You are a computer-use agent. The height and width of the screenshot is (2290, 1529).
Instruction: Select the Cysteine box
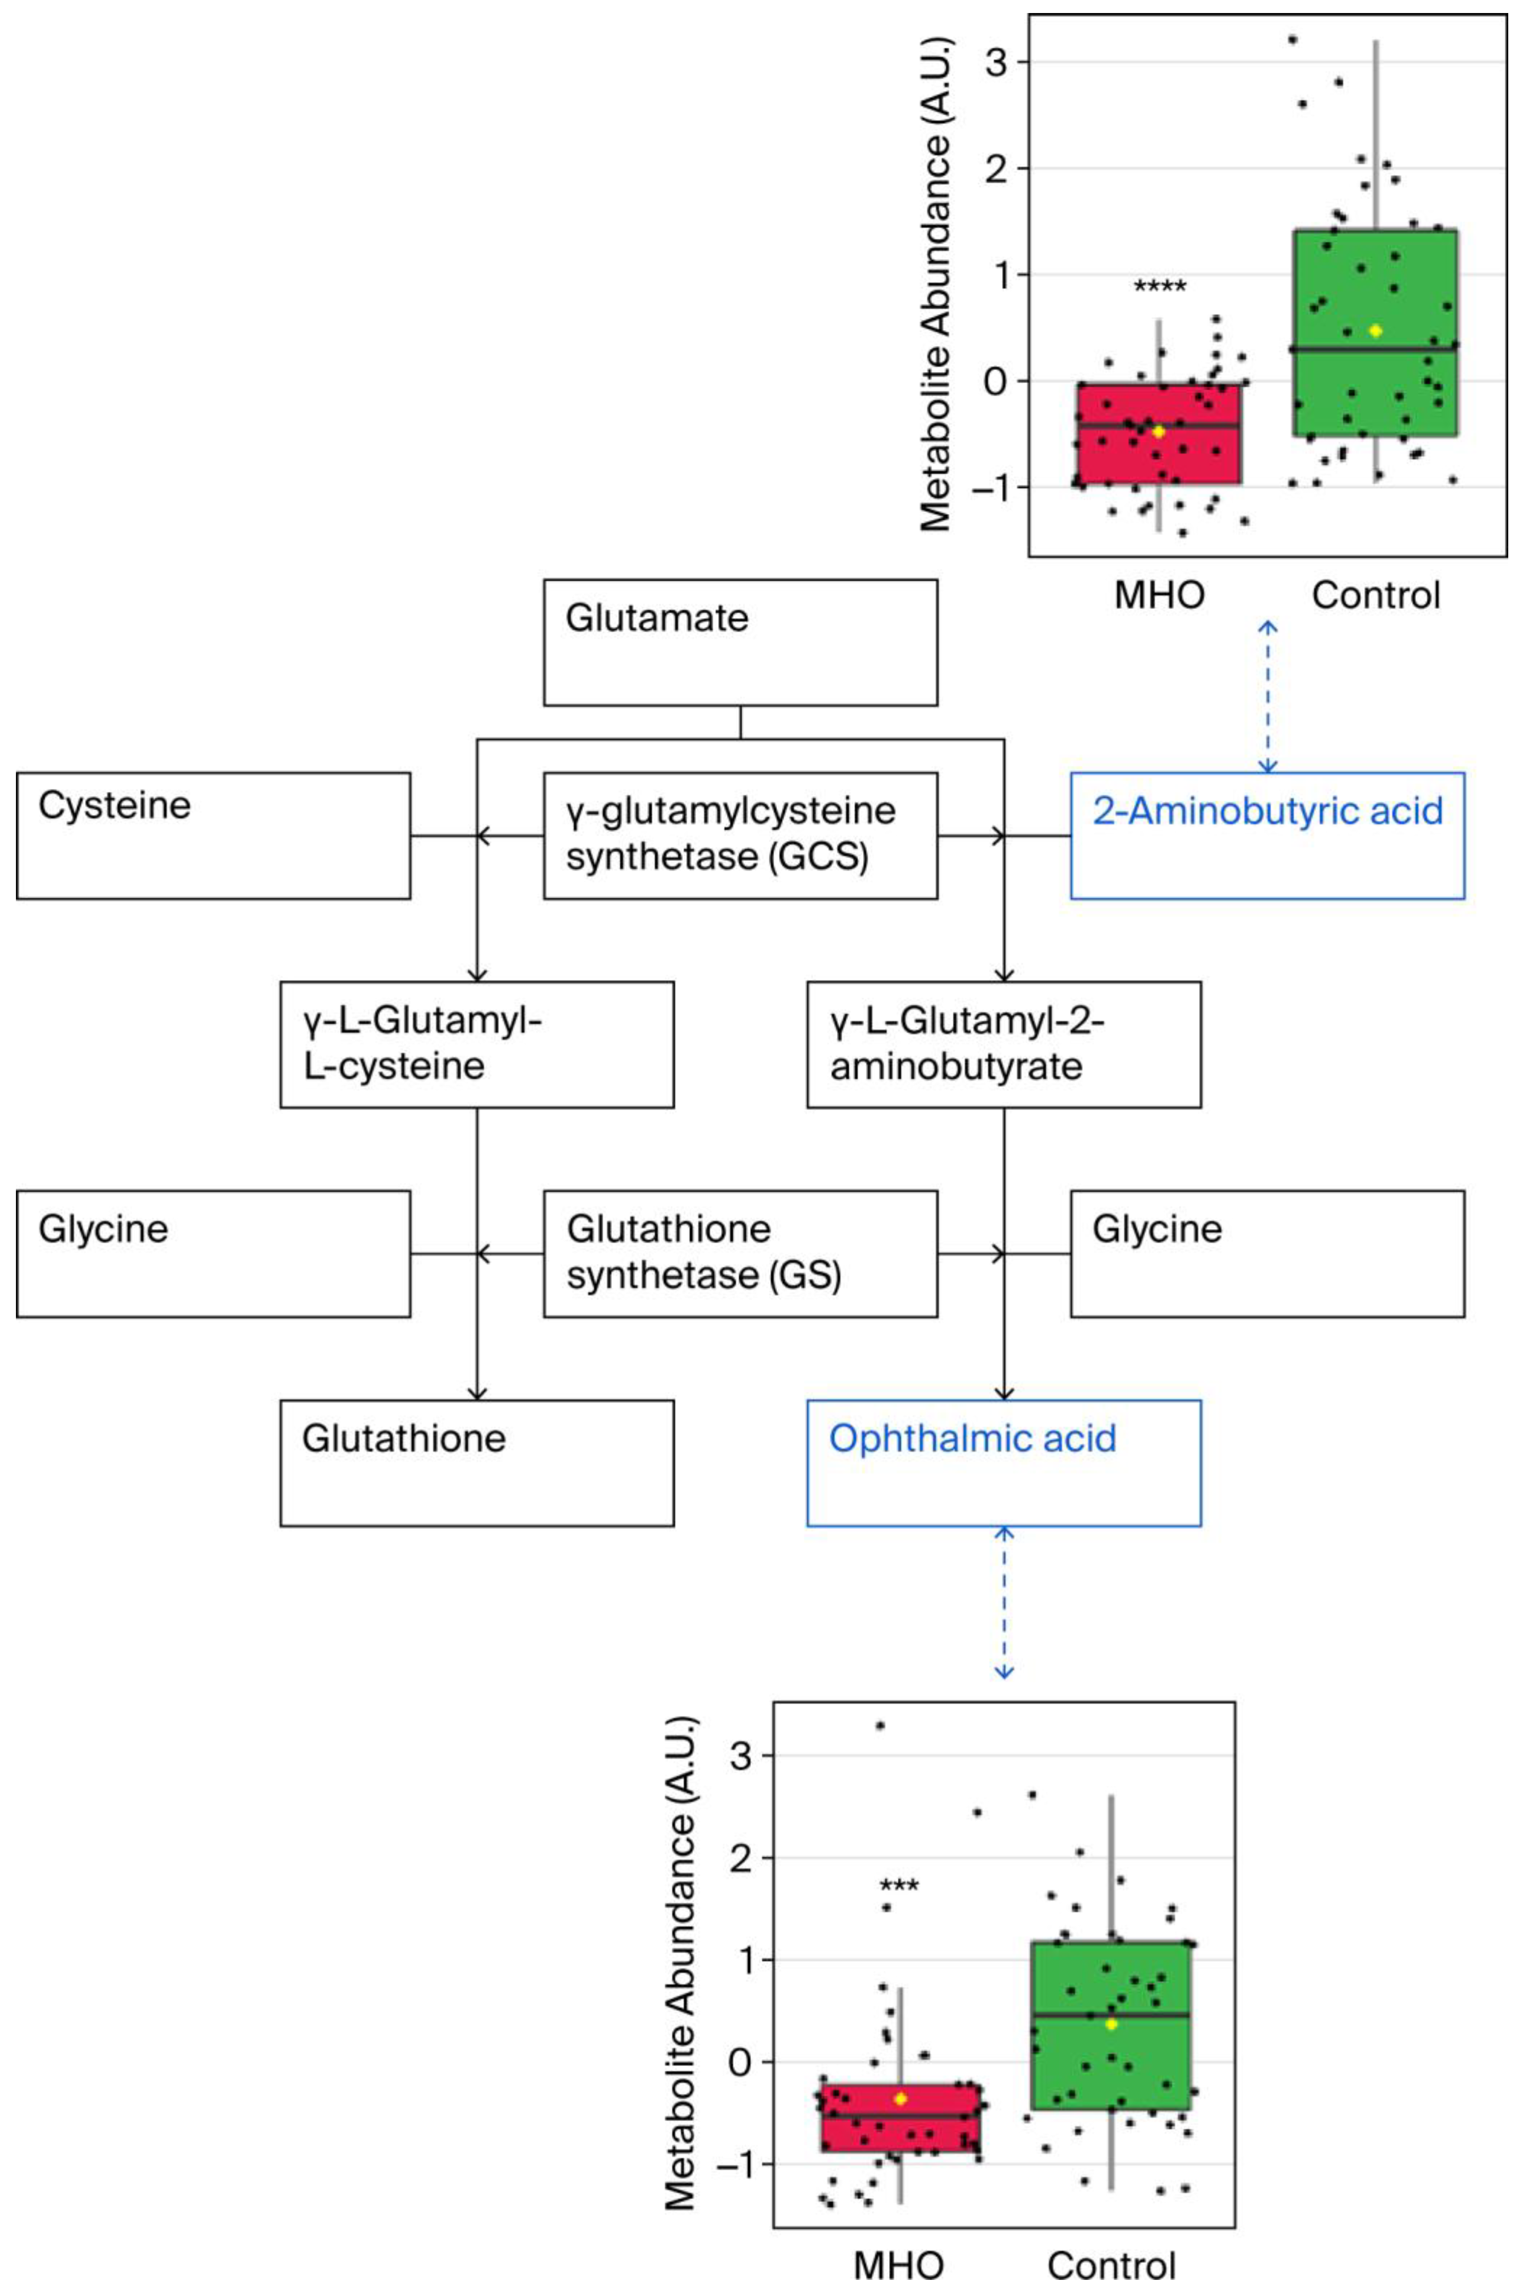coord(212,836)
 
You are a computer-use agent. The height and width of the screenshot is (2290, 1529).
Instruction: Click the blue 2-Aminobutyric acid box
coord(1267,836)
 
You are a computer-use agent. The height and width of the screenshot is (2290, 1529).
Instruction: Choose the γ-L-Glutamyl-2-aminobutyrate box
coord(1003,1044)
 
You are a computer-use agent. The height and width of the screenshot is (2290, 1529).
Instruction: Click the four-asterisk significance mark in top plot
coord(1159,287)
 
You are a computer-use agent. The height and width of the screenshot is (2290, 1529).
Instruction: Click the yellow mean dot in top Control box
coord(1375,331)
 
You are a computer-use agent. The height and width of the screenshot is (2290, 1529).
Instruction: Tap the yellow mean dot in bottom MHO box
coord(900,2098)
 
